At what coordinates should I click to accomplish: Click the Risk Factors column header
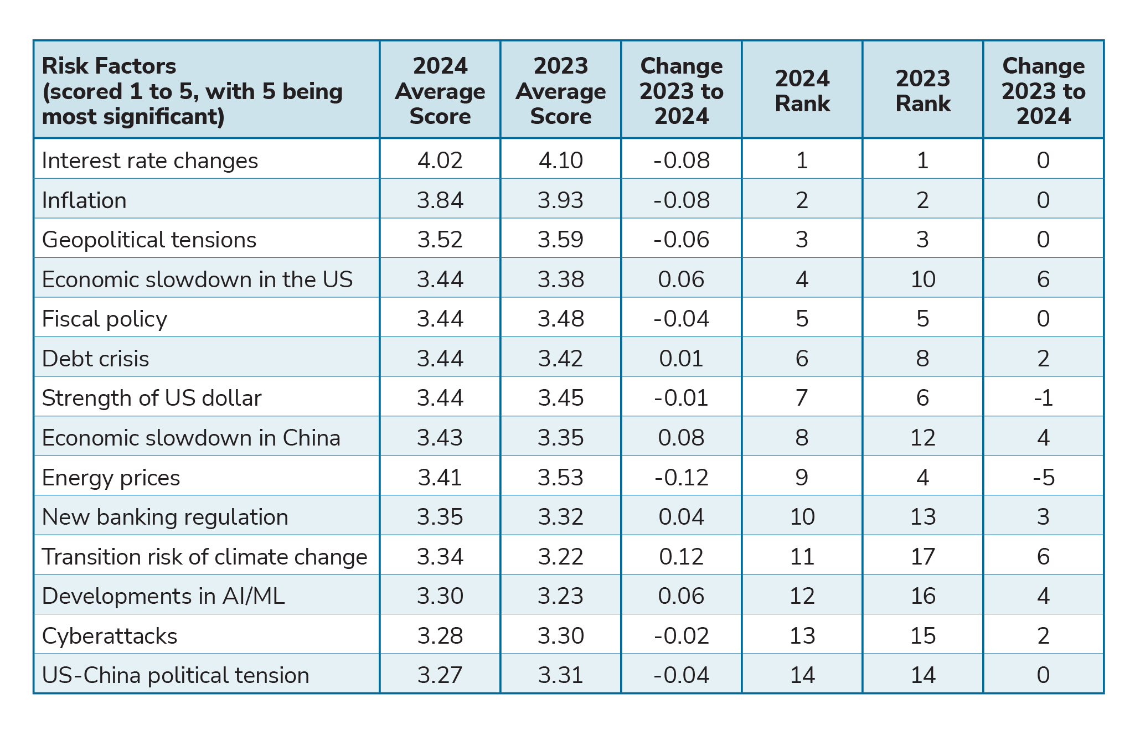pos(192,91)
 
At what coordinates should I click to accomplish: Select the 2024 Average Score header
pos(440,91)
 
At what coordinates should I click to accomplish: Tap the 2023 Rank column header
pos(922,91)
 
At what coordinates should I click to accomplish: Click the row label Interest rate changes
pos(150,161)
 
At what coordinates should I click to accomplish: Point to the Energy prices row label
pos(111,477)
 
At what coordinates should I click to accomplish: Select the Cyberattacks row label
pos(110,635)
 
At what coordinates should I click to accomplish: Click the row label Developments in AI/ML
pos(163,596)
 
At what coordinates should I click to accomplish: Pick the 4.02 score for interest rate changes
pos(440,161)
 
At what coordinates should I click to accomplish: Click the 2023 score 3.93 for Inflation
pos(560,200)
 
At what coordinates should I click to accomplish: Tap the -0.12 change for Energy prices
pos(681,477)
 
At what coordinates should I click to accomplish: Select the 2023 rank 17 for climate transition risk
pos(922,556)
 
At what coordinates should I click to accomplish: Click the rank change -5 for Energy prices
pos(1043,477)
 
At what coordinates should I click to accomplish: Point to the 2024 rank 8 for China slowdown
pos(802,438)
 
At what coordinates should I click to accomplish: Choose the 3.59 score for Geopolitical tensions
pos(560,240)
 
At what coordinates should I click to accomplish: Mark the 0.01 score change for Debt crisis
pos(681,359)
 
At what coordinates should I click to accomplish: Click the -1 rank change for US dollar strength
pos(1043,398)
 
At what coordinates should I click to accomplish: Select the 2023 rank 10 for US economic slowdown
pos(922,279)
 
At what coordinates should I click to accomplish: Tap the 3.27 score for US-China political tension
pos(440,675)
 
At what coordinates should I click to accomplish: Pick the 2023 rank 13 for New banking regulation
pos(922,517)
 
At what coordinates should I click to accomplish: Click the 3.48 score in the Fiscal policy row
pos(560,319)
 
